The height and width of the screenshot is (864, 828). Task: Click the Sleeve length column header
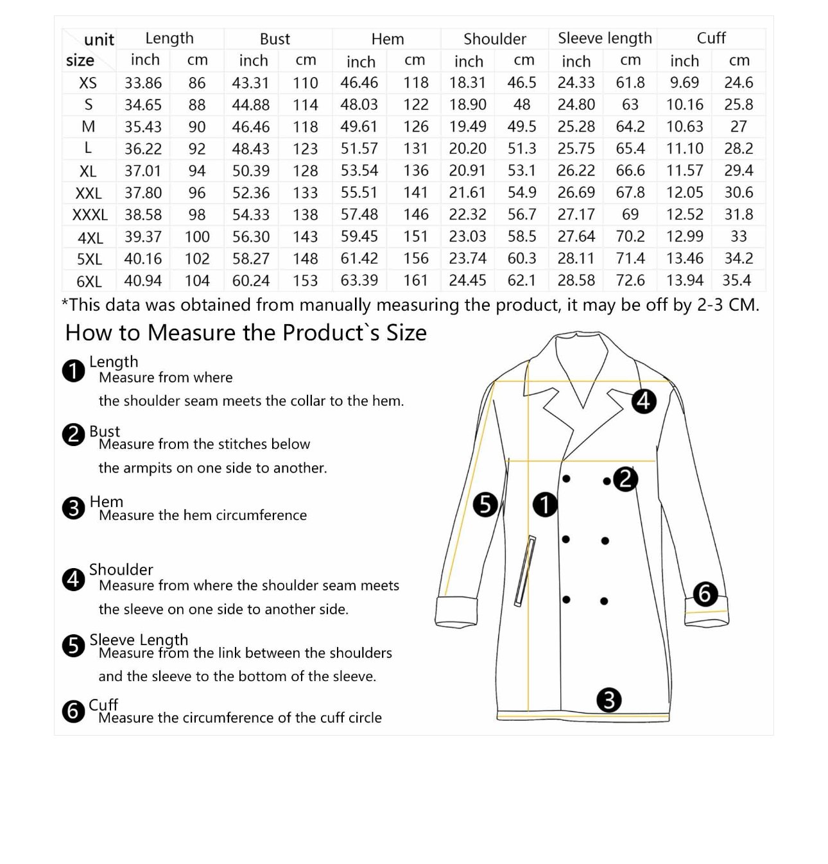pos(605,39)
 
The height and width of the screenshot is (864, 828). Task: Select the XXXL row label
pos(89,215)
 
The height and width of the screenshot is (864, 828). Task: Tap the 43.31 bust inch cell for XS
pos(251,83)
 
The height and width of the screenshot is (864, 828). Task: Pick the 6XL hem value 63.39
pos(359,281)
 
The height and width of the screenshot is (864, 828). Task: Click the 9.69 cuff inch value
pos(684,83)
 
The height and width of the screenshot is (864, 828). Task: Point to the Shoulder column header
pos(494,39)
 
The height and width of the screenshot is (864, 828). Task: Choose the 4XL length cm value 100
pos(197,237)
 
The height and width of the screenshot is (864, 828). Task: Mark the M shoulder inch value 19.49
pos(468,126)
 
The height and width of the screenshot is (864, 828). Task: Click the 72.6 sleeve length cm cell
pos(630,281)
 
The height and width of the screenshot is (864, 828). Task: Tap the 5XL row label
pos(89,259)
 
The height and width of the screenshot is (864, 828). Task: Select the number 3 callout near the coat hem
pos(608,700)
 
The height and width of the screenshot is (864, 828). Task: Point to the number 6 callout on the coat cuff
pos(705,594)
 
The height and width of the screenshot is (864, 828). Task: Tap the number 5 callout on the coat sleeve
pos(485,505)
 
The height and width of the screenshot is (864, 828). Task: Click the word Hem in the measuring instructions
pos(106,502)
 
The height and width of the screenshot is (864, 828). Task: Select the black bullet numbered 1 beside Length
pos(74,370)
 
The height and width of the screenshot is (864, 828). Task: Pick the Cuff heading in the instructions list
pos(103,705)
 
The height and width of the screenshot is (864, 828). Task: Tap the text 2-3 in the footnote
pos(711,306)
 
